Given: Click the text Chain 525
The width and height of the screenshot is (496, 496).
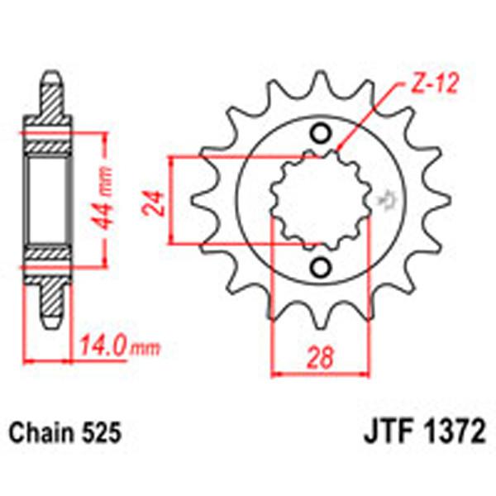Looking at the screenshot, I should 66,431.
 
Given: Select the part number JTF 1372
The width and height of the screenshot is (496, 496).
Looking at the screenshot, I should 422,431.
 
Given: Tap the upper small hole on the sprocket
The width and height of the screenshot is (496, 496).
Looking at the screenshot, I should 321,133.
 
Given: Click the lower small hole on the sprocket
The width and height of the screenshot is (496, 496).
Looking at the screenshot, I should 321,267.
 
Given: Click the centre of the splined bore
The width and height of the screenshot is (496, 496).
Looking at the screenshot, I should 318,199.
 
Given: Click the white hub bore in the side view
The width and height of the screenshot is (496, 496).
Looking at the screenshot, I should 50,199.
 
